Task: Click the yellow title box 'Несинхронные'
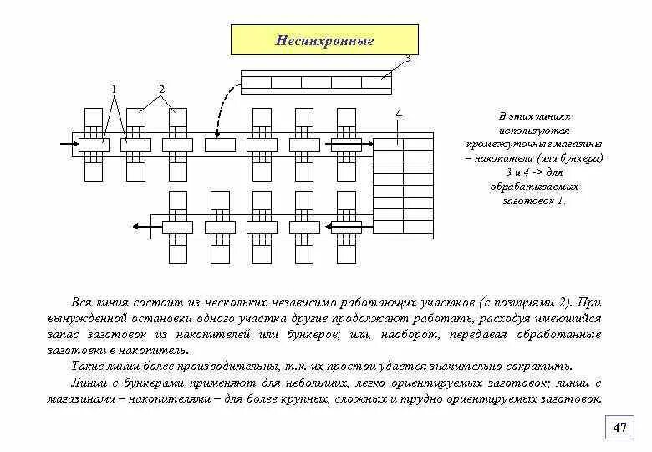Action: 324,41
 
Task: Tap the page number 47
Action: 619,428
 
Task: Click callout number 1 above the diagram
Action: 115,90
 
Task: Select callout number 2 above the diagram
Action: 162,90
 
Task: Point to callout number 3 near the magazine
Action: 408,59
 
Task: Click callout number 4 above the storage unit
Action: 399,113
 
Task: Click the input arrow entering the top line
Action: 67,144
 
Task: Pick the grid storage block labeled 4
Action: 403,187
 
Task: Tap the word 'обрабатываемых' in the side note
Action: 534,187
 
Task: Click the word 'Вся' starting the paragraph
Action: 81,302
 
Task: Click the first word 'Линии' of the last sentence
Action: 88,383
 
